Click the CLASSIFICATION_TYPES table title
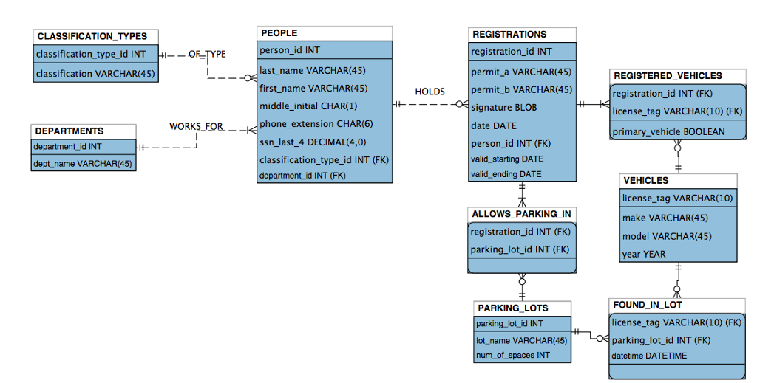point(92,36)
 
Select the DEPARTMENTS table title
point(69,131)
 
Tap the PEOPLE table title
point(279,33)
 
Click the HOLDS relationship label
point(430,92)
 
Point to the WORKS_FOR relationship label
point(196,126)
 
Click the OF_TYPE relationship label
point(207,54)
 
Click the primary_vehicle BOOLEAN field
point(668,132)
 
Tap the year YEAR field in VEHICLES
point(643,255)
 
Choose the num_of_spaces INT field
point(512,356)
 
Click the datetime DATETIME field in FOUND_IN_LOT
point(649,356)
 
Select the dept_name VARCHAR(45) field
point(82,163)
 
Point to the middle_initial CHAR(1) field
point(308,106)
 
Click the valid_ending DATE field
point(506,175)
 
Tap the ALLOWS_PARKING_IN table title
point(520,214)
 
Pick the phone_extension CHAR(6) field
point(316,124)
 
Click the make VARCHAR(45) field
point(665,218)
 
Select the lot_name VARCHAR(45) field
point(521,340)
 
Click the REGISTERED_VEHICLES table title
point(668,76)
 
